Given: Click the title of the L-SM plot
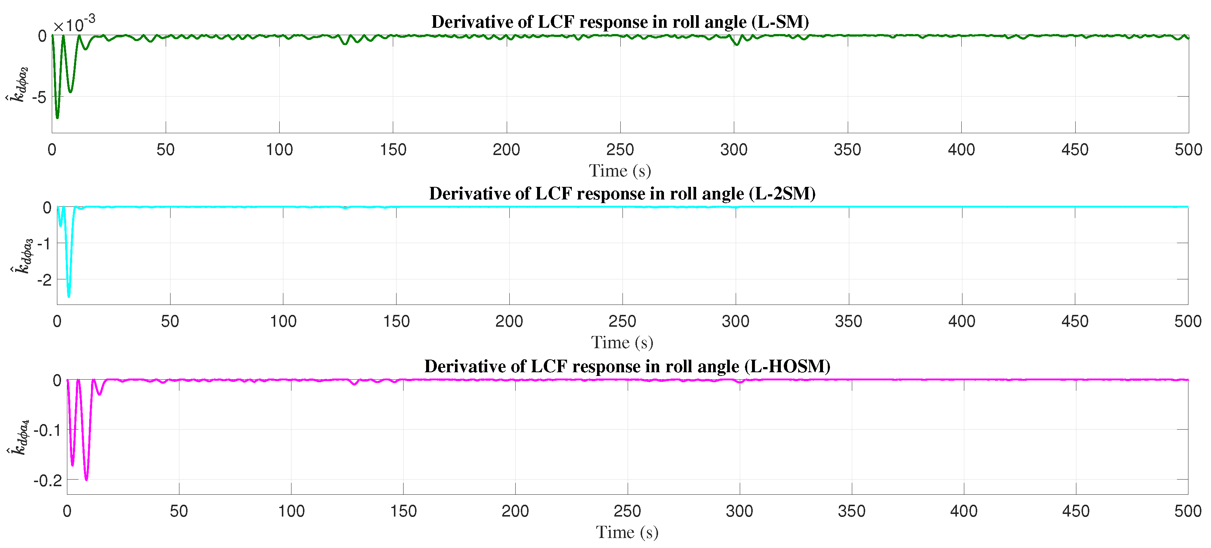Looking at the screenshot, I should pyautogui.click(x=620, y=22).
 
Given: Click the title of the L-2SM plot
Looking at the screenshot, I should pyautogui.click(x=621, y=194).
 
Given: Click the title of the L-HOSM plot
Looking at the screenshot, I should pyautogui.click(x=627, y=366).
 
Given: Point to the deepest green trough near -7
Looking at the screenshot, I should pyautogui.click(x=57, y=117).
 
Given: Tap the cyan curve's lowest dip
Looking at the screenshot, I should pyautogui.click(x=69, y=296).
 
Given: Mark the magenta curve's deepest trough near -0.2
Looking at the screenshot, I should pyautogui.click(x=86, y=479).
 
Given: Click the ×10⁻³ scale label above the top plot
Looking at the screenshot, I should pyautogui.click(x=74, y=24).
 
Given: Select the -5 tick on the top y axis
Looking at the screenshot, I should pyautogui.click(x=40, y=97).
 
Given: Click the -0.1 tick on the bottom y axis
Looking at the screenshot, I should pyautogui.click(x=47, y=430).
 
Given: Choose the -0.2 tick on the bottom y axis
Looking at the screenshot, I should pyautogui.click(x=47, y=481).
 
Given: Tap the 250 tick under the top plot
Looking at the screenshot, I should pyautogui.click(x=620, y=149).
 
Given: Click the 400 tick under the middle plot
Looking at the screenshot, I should pyautogui.click(x=961, y=321).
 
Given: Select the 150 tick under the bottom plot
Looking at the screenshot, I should pyautogui.click(x=403, y=511).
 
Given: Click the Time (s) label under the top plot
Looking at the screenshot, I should pyautogui.click(x=620, y=171).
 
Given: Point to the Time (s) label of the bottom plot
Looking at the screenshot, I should pyautogui.click(x=627, y=532).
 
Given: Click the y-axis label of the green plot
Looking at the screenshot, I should pyautogui.click(x=17, y=85).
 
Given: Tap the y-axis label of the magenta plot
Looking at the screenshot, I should pyautogui.click(x=19, y=437).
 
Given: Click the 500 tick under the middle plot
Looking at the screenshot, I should pyautogui.click(x=1187, y=321).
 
